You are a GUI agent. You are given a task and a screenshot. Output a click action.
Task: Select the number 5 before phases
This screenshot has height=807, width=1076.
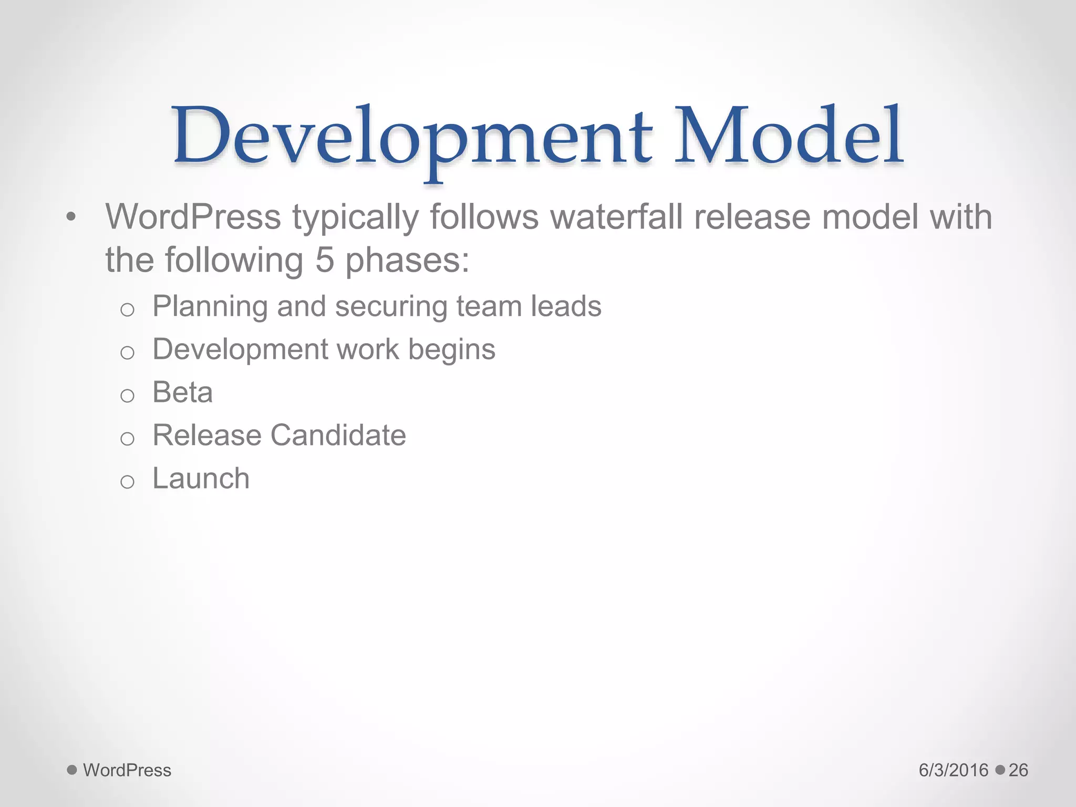click(x=325, y=260)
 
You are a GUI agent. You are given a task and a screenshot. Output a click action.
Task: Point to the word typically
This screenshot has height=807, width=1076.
click(x=355, y=218)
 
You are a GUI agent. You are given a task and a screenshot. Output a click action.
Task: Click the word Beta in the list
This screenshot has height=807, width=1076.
click(x=182, y=392)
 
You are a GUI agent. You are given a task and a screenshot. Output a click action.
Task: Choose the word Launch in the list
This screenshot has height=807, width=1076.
click(x=201, y=479)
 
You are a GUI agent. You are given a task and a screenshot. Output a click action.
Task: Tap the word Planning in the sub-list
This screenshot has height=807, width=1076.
click(x=210, y=307)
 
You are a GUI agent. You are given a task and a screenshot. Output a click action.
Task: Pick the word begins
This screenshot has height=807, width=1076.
click(x=452, y=350)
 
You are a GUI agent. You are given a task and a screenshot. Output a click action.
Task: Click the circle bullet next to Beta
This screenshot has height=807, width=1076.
click(x=127, y=396)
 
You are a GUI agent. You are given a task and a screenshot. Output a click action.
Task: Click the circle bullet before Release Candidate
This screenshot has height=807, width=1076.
click(x=127, y=439)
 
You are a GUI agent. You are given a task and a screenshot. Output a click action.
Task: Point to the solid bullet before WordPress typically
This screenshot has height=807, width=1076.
click(x=71, y=217)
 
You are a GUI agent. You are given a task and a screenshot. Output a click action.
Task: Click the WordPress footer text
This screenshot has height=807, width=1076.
click(x=127, y=770)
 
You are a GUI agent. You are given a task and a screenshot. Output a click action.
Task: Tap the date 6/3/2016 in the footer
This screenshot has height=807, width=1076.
click(x=954, y=770)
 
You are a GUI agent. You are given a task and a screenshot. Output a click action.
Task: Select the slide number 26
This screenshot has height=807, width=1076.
click(x=1018, y=770)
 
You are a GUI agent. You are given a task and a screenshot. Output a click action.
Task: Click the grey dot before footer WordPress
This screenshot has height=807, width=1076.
click(x=72, y=770)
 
